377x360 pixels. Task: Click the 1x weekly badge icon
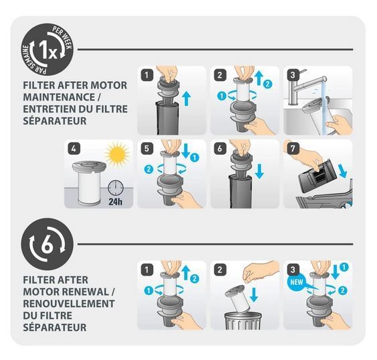click(47, 50)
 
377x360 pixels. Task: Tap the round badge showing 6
click(47, 244)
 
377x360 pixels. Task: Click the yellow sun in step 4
click(117, 155)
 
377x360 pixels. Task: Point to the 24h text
click(115, 201)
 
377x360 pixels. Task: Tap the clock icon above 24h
click(115, 188)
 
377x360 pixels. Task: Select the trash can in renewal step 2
click(243, 321)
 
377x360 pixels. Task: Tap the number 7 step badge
click(293, 148)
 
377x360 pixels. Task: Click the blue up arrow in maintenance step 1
click(186, 99)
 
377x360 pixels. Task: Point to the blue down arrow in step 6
click(259, 172)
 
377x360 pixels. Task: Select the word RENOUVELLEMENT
click(69, 304)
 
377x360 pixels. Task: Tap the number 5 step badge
click(147, 148)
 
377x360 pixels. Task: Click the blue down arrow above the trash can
click(254, 294)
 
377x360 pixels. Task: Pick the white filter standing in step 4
click(89, 184)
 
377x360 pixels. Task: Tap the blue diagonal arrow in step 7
click(343, 171)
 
